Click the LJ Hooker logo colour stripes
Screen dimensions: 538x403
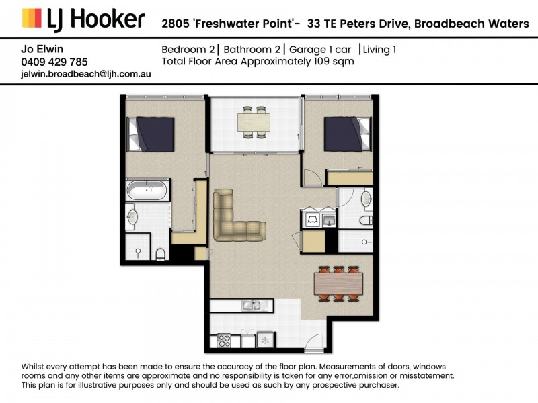click(x=32, y=18)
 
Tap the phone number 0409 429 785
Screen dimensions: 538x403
click(x=54, y=62)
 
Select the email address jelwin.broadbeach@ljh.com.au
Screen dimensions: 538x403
click(x=86, y=74)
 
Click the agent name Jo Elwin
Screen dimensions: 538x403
click(x=42, y=49)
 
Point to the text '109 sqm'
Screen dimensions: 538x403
click(x=334, y=62)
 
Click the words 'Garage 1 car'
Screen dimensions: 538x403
click(x=320, y=50)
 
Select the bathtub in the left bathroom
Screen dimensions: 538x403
click(x=147, y=190)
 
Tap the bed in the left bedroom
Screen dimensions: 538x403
click(x=151, y=134)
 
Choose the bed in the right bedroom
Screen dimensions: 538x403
click(x=348, y=134)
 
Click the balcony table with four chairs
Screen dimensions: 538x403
click(x=254, y=122)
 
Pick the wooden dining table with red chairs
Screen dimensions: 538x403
click(x=338, y=283)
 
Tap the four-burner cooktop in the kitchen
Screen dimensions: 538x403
click(x=225, y=341)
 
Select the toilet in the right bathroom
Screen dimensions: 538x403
click(x=366, y=220)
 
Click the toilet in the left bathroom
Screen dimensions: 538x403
click(x=160, y=254)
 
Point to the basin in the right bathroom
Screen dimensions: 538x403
click(x=367, y=199)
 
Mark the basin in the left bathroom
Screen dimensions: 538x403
click(x=132, y=217)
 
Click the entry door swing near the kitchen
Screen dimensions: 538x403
click(x=314, y=343)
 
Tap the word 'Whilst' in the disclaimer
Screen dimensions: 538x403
click(x=32, y=367)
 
